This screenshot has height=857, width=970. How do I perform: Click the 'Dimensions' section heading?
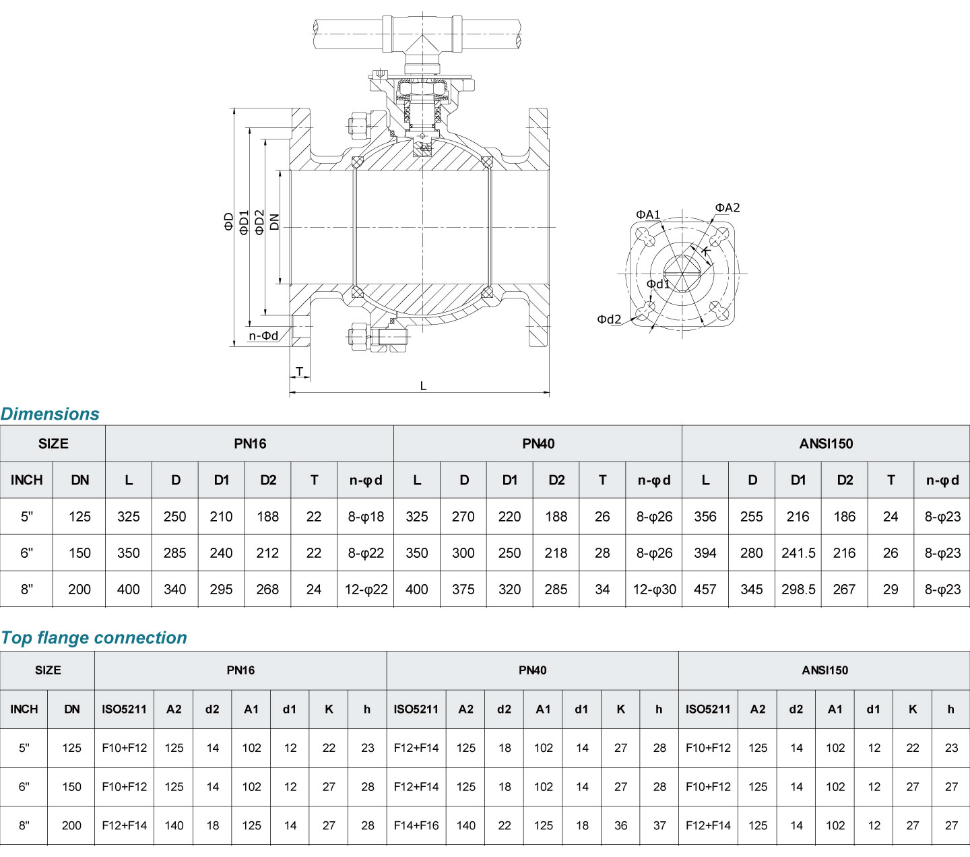pos(50,414)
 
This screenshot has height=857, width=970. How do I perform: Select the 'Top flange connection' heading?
pos(94,637)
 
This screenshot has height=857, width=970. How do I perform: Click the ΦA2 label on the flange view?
pos(727,208)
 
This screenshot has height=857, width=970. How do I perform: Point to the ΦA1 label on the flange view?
pos(648,215)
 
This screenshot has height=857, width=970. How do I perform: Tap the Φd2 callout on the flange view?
pos(609,319)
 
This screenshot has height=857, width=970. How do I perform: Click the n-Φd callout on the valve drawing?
pos(263,336)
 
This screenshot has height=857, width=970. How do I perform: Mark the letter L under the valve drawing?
pos(423,386)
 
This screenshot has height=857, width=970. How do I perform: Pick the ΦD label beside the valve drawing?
pos(229,222)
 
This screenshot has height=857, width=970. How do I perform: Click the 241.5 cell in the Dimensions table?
pos(798,553)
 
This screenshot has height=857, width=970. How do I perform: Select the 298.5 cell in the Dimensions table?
pos(798,590)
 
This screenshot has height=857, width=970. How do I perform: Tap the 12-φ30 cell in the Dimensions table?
pos(654,590)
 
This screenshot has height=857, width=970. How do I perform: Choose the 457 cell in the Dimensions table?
pos(705,590)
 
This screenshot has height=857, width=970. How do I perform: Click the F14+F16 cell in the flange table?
pos(416,825)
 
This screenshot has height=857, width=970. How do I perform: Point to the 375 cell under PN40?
pos(463,590)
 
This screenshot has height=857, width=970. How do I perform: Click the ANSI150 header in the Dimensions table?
pos(826,443)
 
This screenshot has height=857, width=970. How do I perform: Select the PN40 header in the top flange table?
pos(532,670)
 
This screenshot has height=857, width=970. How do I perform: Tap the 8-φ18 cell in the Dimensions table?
pos(366,517)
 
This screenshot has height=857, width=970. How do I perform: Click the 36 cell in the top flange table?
pos(621,825)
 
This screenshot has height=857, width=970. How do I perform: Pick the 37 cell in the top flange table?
pos(659,825)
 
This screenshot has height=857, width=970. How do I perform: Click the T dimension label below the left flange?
pos(300,371)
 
